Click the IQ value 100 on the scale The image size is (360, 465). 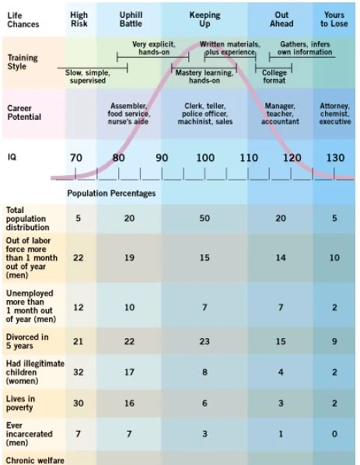click(x=205, y=158)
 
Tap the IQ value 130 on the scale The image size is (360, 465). click(x=335, y=158)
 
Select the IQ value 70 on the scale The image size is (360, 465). click(x=76, y=158)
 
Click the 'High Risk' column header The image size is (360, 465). click(x=79, y=19)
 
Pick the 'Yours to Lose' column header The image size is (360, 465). click(x=334, y=19)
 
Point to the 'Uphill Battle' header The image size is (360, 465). click(x=131, y=19)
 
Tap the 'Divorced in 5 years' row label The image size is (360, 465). click(x=27, y=342)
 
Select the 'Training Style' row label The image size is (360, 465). click(x=23, y=62)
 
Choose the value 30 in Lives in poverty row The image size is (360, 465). click(x=78, y=403)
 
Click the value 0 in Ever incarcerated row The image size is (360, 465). click(x=334, y=434)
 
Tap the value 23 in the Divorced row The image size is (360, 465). click(x=205, y=342)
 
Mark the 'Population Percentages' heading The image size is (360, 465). click(x=112, y=194)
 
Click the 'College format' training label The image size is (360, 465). click(x=274, y=77)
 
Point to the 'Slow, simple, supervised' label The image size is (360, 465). click(x=88, y=77)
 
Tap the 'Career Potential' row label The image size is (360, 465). click(x=24, y=113)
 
